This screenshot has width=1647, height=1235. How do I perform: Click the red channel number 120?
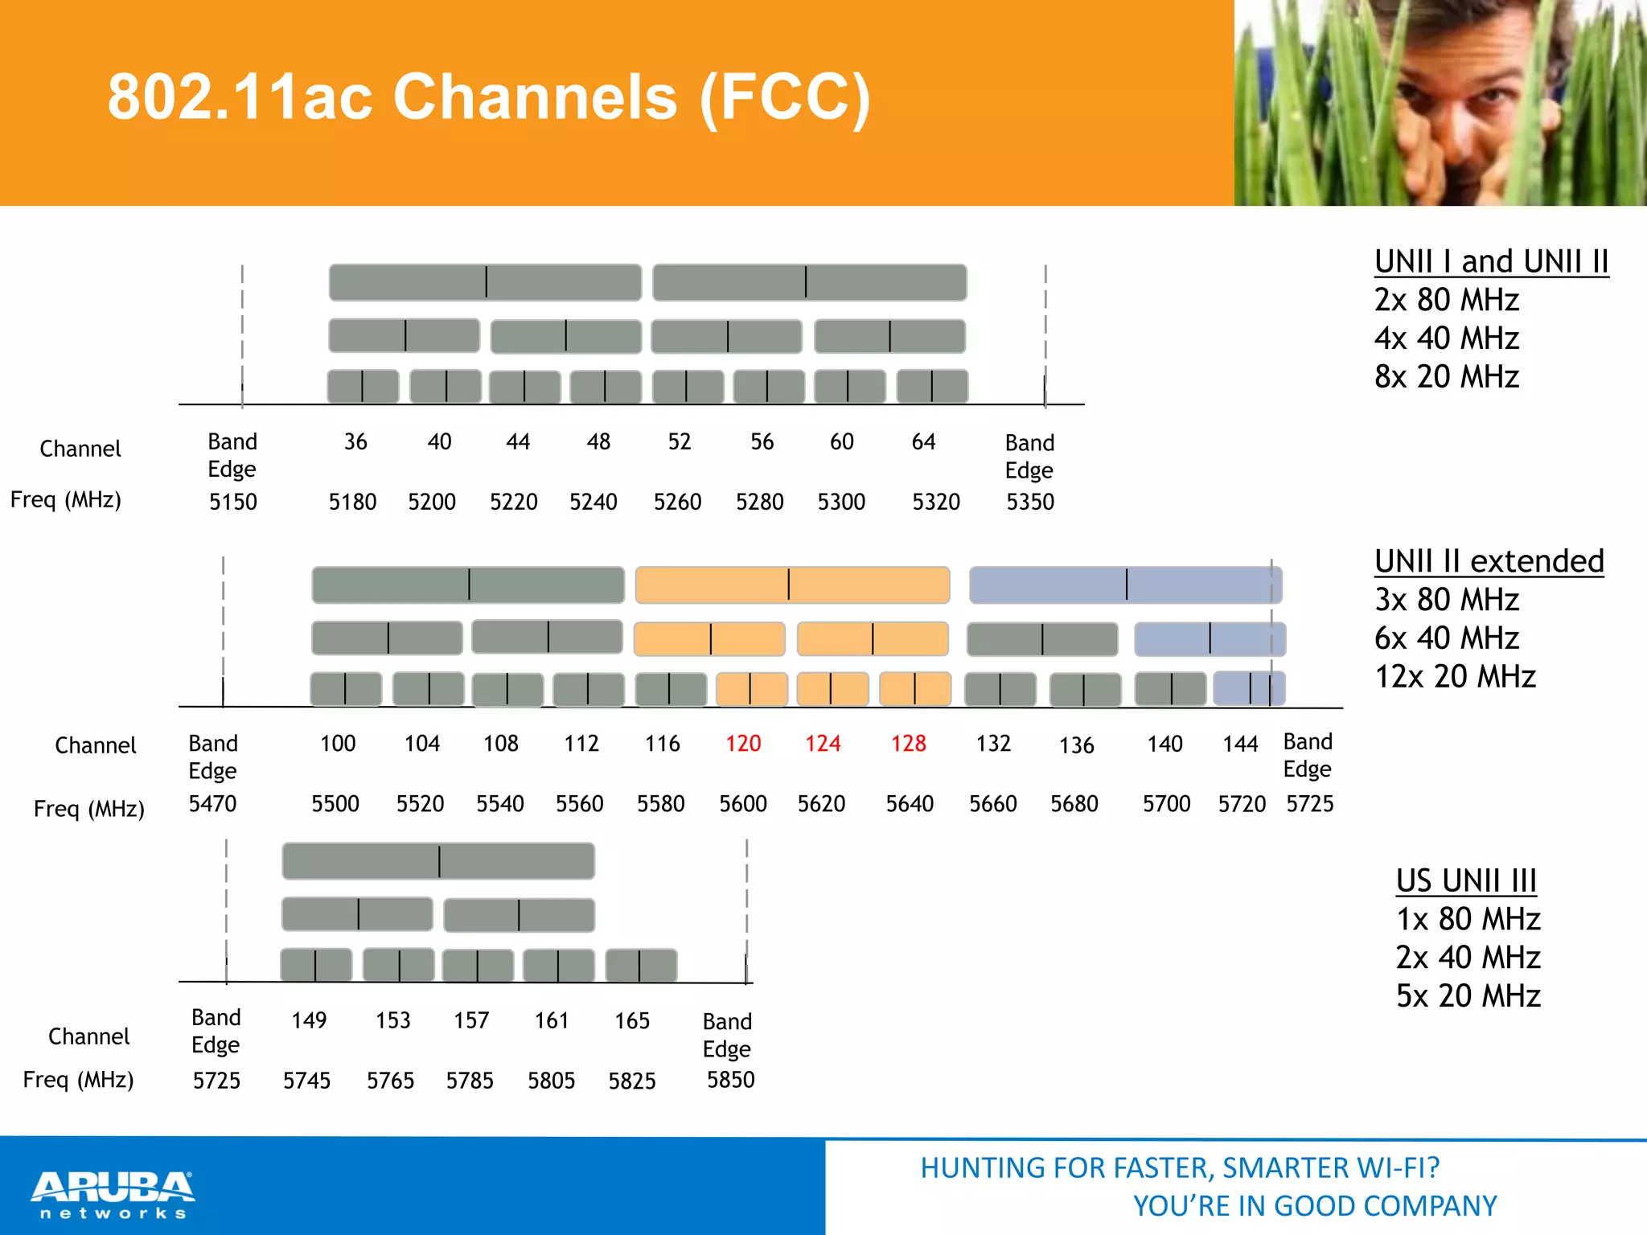click(x=742, y=744)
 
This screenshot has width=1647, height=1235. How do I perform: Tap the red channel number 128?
click(x=908, y=744)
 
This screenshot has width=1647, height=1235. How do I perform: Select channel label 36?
click(x=355, y=442)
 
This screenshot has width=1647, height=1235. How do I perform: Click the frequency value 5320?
click(x=935, y=503)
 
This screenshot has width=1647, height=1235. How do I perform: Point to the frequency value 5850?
click(x=730, y=1080)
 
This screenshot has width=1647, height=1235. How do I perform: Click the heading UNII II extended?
click(x=1489, y=561)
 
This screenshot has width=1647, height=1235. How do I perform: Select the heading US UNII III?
click(x=1466, y=880)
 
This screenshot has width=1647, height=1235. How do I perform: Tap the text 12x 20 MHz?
click(x=1455, y=677)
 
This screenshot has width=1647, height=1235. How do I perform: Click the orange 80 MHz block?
click(x=792, y=585)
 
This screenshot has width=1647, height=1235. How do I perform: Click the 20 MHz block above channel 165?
click(x=641, y=965)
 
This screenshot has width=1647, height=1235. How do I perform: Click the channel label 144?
click(x=1240, y=745)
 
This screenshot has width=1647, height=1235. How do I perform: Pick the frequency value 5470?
click(x=212, y=804)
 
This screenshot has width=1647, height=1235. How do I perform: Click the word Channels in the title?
click(x=535, y=97)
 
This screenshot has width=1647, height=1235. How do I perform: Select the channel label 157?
click(x=471, y=1021)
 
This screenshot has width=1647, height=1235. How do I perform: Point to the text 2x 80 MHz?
click(x=1446, y=300)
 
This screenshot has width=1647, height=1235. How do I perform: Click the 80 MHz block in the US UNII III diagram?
click(x=438, y=861)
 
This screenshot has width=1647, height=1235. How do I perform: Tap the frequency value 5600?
click(x=742, y=804)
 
